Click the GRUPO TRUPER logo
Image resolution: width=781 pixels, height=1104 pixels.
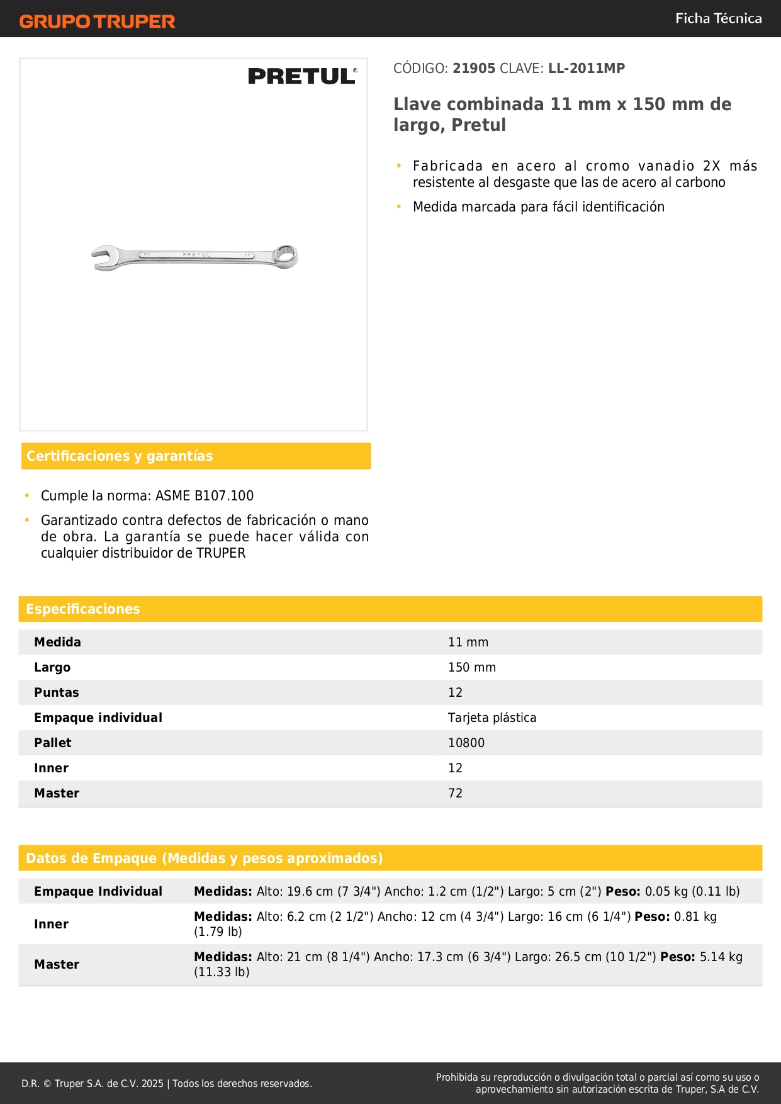[x=97, y=21]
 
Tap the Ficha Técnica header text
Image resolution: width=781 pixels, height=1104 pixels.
[x=718, y=18]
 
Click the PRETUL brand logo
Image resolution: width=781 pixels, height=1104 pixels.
[x=302, y=76]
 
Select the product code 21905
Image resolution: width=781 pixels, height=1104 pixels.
[x=474, y=69]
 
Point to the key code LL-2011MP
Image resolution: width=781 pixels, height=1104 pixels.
[x=587, y=69]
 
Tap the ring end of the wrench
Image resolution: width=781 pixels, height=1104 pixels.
[x=286, y=256]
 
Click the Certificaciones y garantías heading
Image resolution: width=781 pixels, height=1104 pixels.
[x=120, y=456]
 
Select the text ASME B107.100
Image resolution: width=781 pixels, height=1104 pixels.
[x=205, y=496]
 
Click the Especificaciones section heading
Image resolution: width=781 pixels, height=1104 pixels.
[x=83, y=609]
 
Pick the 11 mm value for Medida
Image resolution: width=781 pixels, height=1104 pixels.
[x=468, y=643]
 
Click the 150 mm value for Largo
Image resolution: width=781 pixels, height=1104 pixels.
[x=472, y=668]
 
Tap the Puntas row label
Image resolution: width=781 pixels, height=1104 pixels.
[x=57, y=693]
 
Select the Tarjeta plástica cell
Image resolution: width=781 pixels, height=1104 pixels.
[x=492, y=718]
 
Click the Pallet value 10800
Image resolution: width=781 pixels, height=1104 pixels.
[x=466, y=743]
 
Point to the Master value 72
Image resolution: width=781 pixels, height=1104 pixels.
[x=455, y=794]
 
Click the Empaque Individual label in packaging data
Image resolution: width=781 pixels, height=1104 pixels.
[x=98, y=892]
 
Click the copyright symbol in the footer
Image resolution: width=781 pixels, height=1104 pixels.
[x=47, y=1084]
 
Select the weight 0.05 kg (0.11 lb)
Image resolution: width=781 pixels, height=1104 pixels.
[x=692, y=892]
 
